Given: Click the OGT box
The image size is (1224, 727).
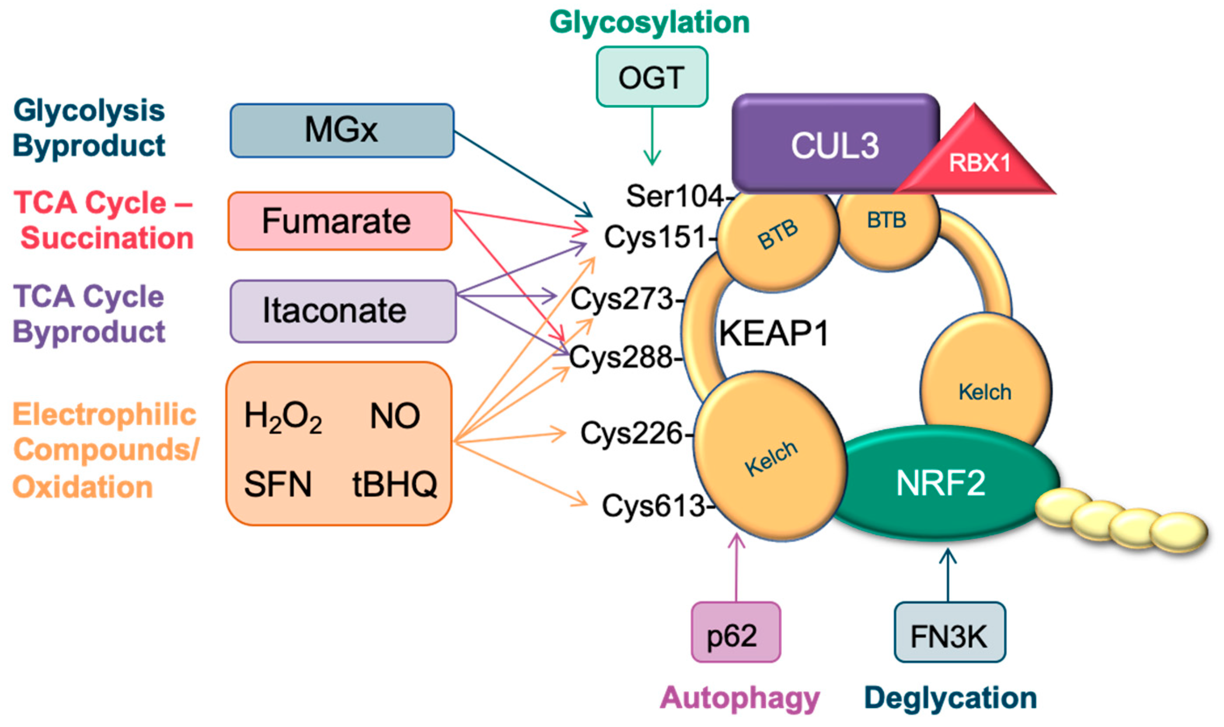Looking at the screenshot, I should click(652, 77).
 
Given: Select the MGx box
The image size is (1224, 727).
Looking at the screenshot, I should click(342, 130).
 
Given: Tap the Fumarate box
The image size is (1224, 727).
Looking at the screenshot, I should click(339, 221).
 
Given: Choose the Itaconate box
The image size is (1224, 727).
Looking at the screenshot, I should click(343, 311).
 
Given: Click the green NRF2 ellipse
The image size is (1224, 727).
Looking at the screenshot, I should click(940, 482).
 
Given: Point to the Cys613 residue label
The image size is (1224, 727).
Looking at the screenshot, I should click(654, 505).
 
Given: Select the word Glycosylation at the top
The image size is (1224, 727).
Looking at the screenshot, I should click(649, 23).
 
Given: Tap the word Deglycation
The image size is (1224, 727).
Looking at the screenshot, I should click(950, 698).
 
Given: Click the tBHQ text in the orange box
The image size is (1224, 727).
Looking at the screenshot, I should click(394, 484).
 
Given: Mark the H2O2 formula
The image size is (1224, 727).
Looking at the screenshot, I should click(283, 417).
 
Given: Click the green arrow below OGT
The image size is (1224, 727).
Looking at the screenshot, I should click(652, 137).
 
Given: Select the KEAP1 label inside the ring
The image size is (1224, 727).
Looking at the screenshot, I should click(773, 334).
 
